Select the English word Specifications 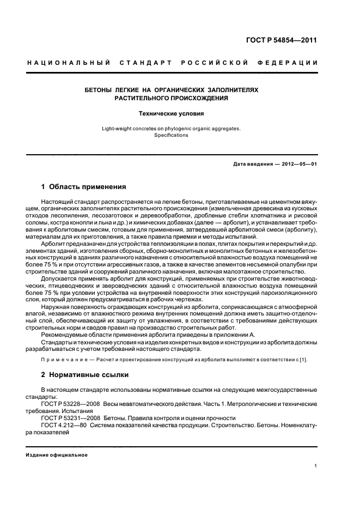click(170, 135)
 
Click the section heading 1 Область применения click(83, 186)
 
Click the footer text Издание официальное click(57, 455)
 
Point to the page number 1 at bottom click(316, 466)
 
